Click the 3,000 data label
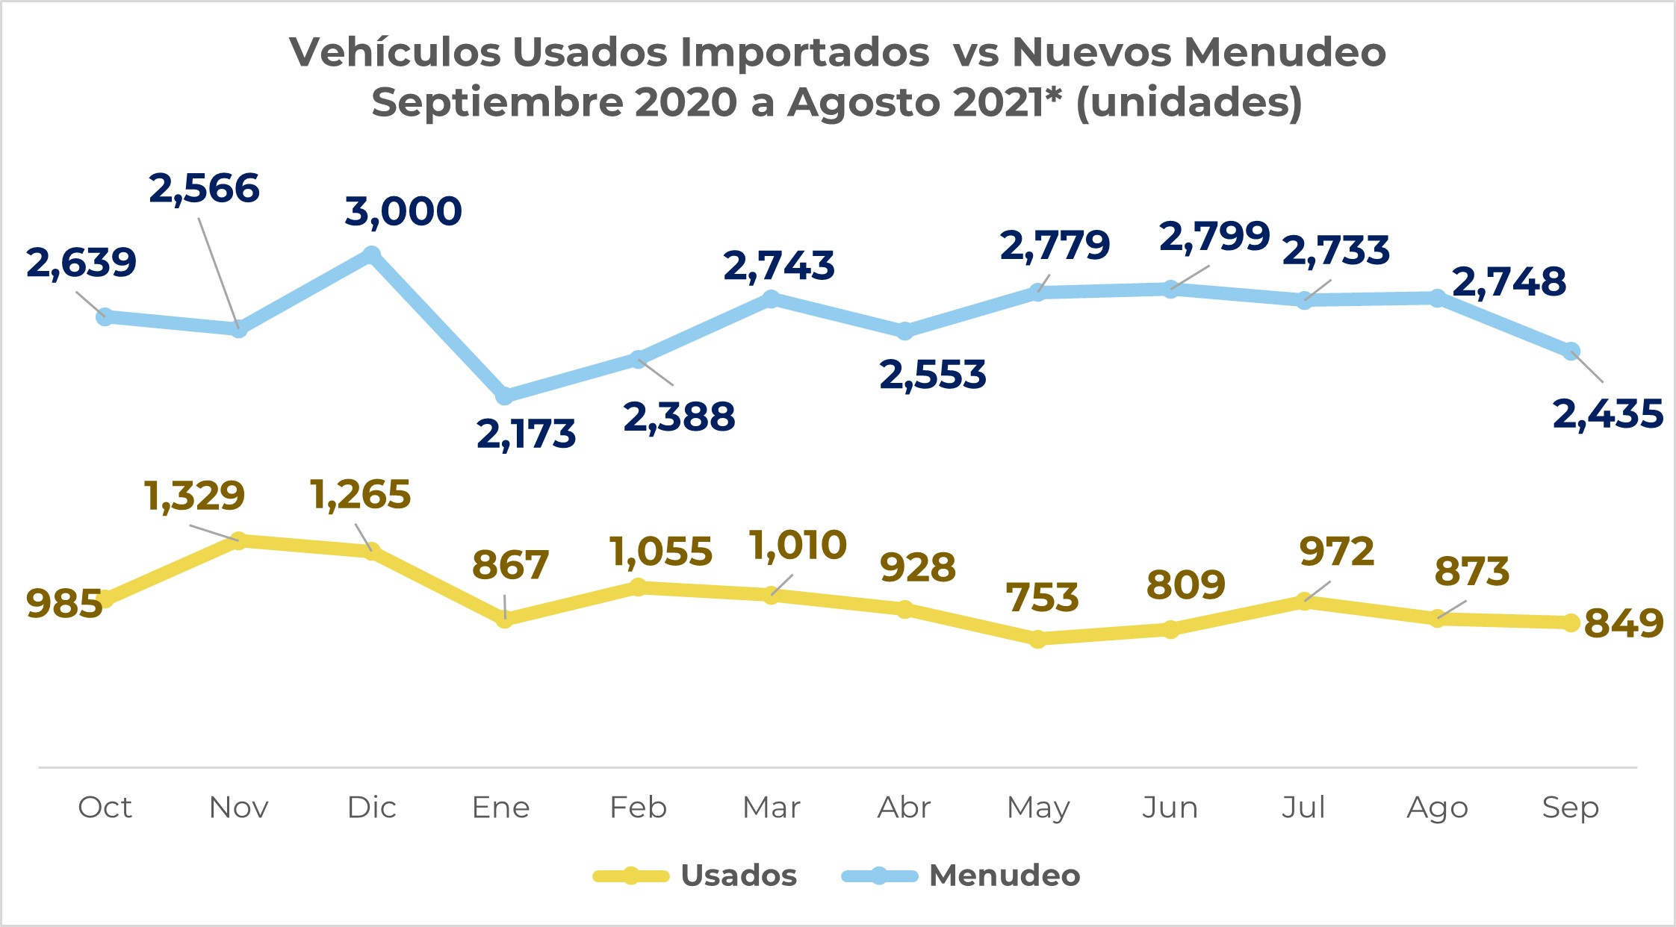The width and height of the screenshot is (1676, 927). [403, 211]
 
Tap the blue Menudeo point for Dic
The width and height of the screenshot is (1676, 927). [371, 255]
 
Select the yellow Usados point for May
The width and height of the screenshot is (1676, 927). [1037, 639]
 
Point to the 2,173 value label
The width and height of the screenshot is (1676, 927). [526, 434]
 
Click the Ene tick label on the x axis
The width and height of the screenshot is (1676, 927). [500, 807]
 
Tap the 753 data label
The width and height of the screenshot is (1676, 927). [1042, 598]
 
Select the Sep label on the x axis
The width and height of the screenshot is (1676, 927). [1570, 807]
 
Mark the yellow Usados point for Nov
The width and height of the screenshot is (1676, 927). [238, 540]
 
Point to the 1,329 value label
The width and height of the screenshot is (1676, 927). [194, 496]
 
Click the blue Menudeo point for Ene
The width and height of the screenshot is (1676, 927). [505, 395]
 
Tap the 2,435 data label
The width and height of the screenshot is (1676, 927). [1607, 414]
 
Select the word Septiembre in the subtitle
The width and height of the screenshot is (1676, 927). [497, 102]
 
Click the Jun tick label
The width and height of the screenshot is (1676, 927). [1170, 807]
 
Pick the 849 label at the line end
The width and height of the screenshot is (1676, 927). [1623, 623]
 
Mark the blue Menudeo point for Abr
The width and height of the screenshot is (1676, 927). [904, 331]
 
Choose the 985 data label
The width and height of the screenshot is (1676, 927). [63, 604]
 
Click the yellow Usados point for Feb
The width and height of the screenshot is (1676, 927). [638, 587]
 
